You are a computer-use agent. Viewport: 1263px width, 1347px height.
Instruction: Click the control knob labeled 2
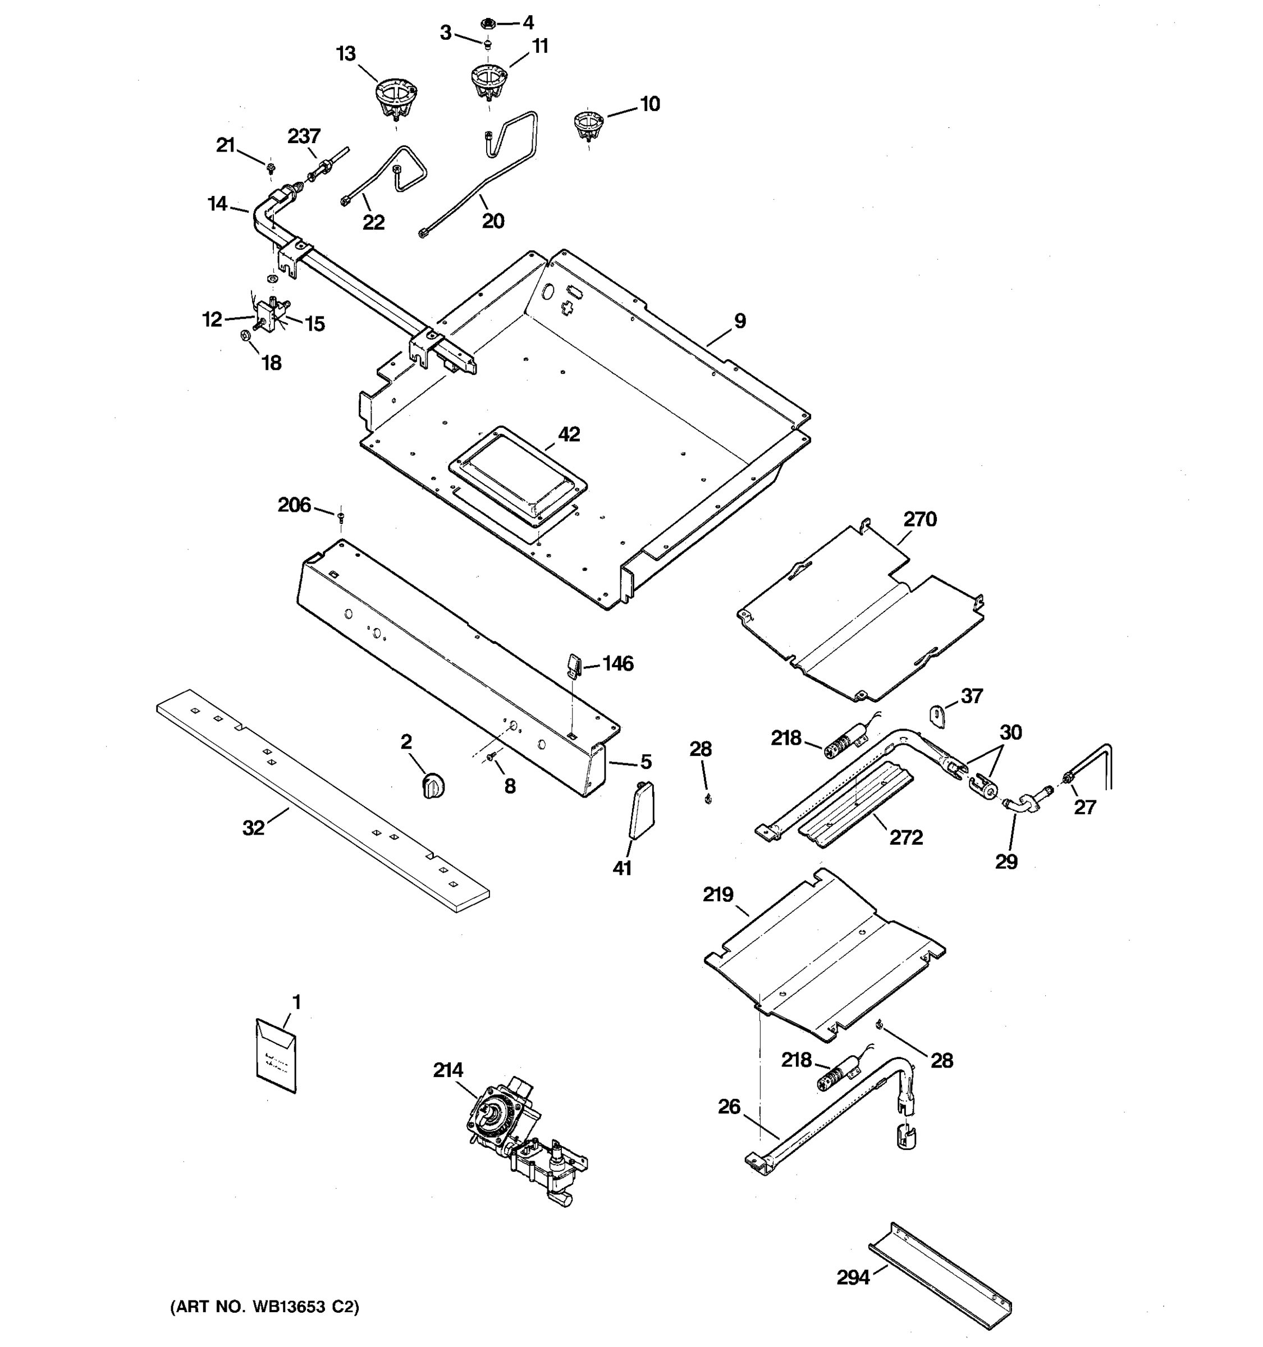(432, 786)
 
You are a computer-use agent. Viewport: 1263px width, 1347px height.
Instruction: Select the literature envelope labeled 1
(276, 1056)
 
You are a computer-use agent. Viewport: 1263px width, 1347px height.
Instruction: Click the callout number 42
(569, 434)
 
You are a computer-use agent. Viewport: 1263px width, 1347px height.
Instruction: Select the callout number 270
(919, 520)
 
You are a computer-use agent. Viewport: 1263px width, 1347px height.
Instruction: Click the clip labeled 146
(573, 665)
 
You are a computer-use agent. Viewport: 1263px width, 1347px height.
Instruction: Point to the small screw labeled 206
(340, 517)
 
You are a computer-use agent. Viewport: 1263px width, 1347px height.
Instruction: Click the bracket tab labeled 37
(936, 716)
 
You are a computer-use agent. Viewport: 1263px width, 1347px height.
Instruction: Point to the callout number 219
(717, 895)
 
